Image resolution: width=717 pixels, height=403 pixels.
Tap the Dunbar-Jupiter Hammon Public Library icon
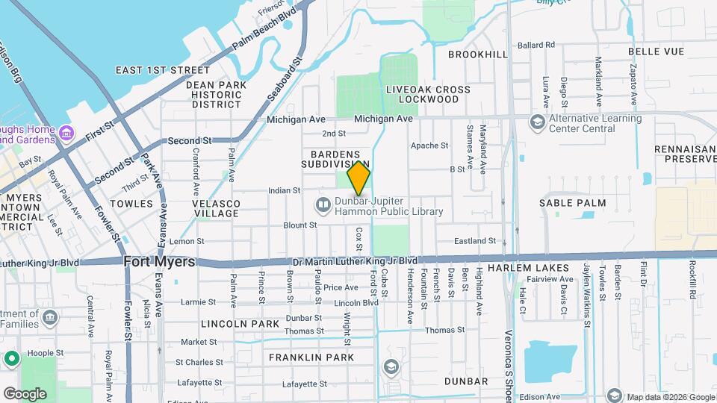click(323, 204)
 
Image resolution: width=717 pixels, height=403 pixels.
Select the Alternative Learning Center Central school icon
click(537, 122)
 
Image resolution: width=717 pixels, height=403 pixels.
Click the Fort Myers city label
click(159, 262)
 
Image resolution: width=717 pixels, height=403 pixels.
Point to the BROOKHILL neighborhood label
click(478, 54)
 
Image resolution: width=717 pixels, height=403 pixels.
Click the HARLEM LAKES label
click(528, 267)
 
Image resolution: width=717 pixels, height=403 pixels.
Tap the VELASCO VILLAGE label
click(216, 208)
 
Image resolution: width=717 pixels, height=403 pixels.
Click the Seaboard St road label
click(285, 81)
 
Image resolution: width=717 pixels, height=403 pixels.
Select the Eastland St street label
click(476, 241)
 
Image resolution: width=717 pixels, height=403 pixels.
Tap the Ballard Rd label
click(536, 45)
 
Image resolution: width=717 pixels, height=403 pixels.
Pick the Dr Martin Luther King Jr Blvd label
click(355, 260)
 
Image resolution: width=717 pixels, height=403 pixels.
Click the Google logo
click(25, 393)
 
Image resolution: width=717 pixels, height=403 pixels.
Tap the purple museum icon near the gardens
click(67, 134)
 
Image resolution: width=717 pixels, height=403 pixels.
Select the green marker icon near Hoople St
click(11, 359)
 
